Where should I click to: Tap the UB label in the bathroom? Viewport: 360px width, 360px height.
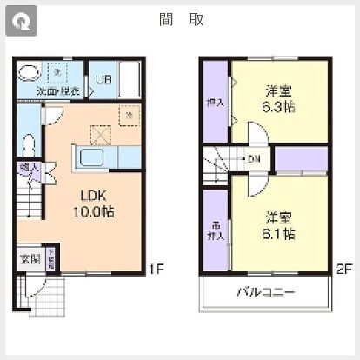[103, 80]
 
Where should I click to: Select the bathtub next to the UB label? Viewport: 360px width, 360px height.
[130, 81]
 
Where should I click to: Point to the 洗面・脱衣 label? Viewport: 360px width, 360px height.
[58, 90]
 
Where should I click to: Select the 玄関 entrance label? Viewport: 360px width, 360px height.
[30, 258]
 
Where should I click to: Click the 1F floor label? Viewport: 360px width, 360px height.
[155, 270]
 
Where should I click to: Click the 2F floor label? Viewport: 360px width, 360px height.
[343, 270]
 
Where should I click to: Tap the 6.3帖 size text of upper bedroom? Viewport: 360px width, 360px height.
[279, 107]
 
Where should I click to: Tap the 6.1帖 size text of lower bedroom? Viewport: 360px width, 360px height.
[279, 233]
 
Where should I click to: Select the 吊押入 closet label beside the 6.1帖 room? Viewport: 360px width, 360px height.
[214, 228]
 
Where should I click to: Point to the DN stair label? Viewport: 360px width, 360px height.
[254, 159]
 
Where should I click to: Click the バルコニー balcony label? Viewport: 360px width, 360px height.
[265, 292]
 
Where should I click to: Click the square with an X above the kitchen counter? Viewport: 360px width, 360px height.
[101, 133]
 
